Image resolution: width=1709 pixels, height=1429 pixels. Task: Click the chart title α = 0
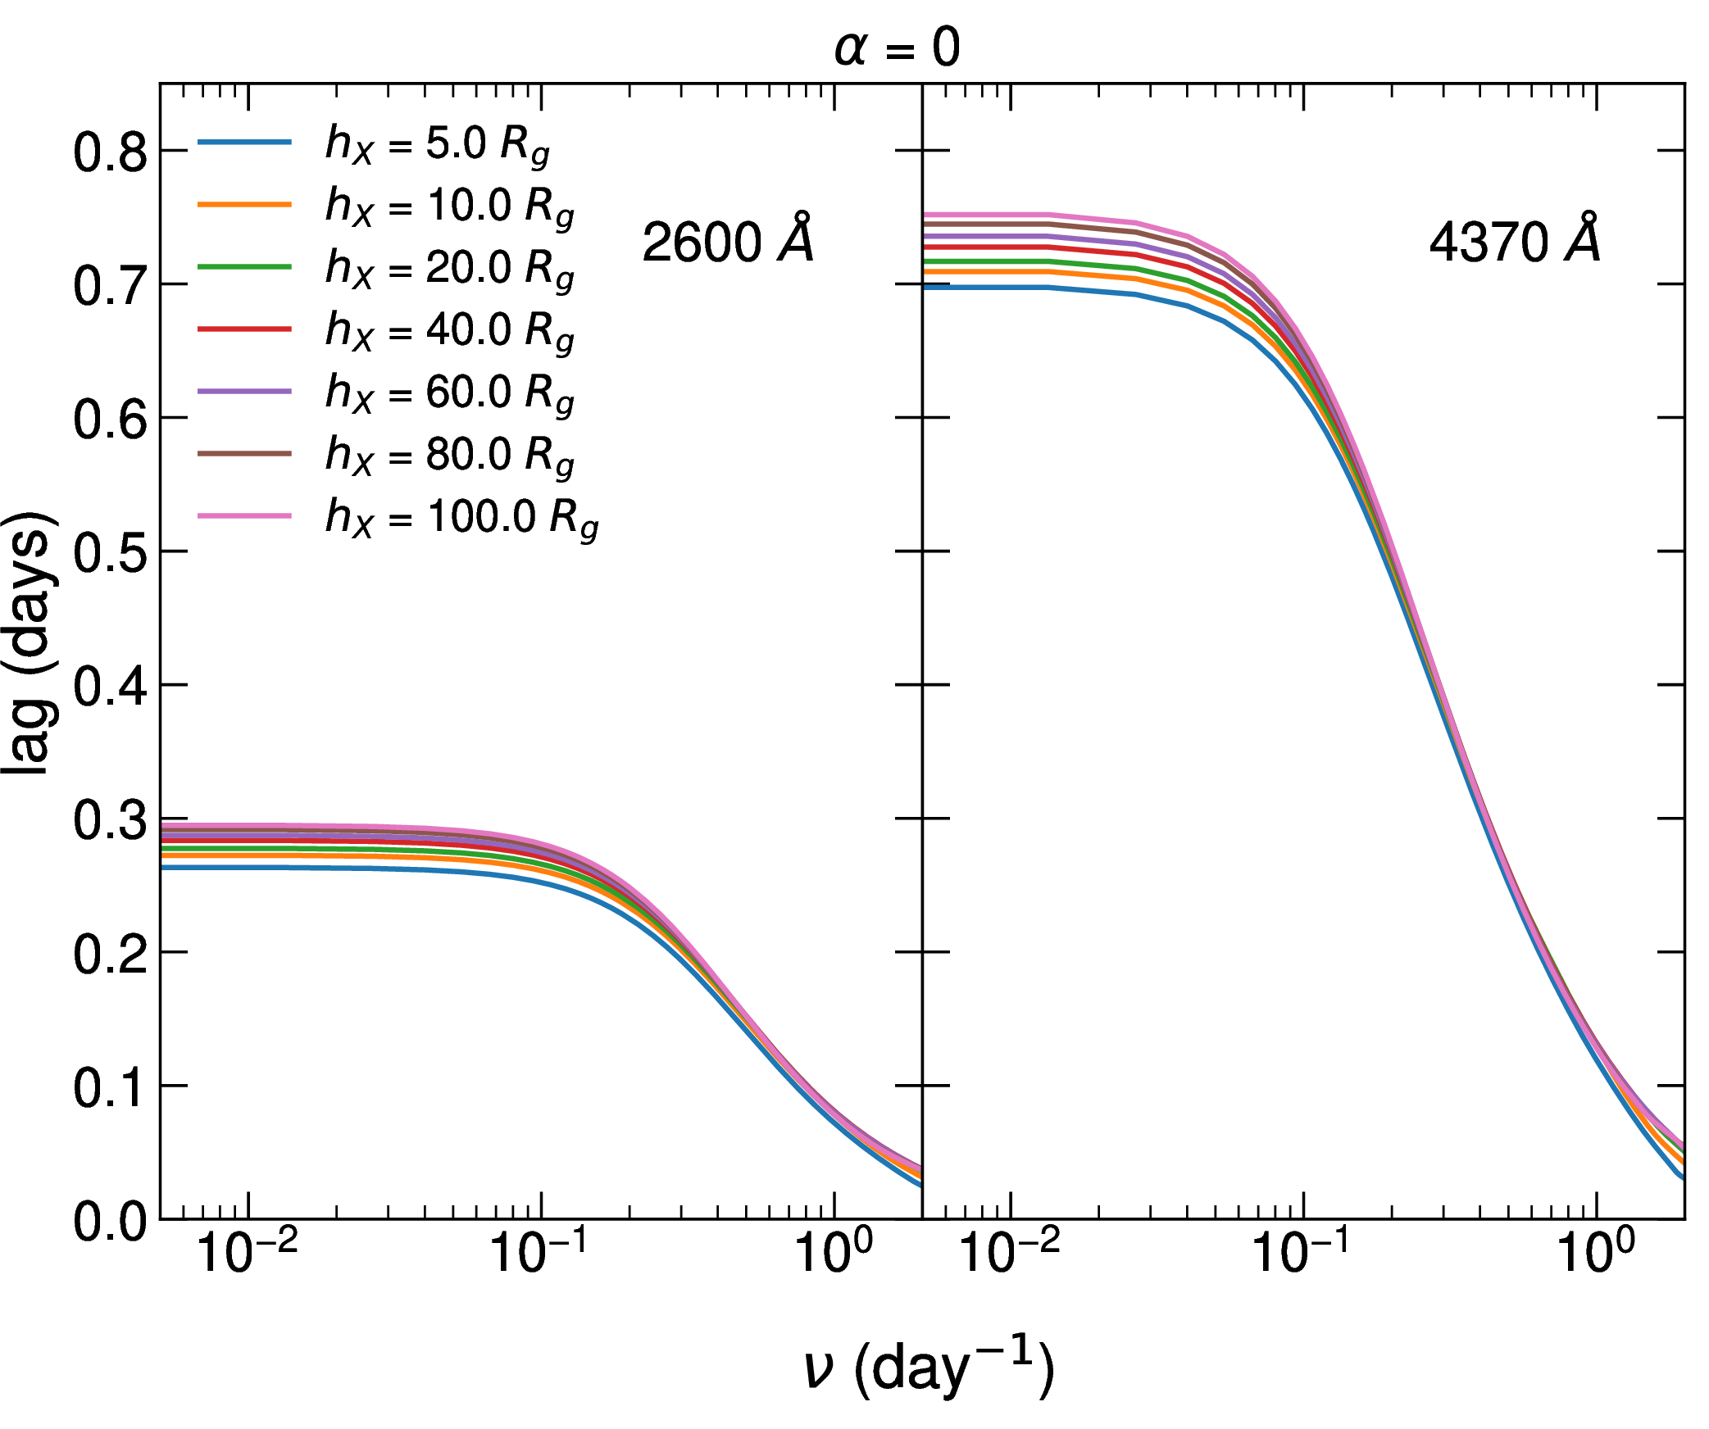tap(897, 48)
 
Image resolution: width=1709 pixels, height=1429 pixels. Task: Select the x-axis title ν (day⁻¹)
tap(928, 1367)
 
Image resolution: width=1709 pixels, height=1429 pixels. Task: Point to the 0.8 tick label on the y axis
tap(110, 152)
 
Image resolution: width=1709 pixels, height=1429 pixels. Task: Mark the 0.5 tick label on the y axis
tap(110, 553)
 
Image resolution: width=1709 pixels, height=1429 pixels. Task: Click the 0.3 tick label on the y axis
tap(110, 820)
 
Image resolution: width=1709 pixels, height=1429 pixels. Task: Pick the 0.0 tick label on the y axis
tap(110, 1222)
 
